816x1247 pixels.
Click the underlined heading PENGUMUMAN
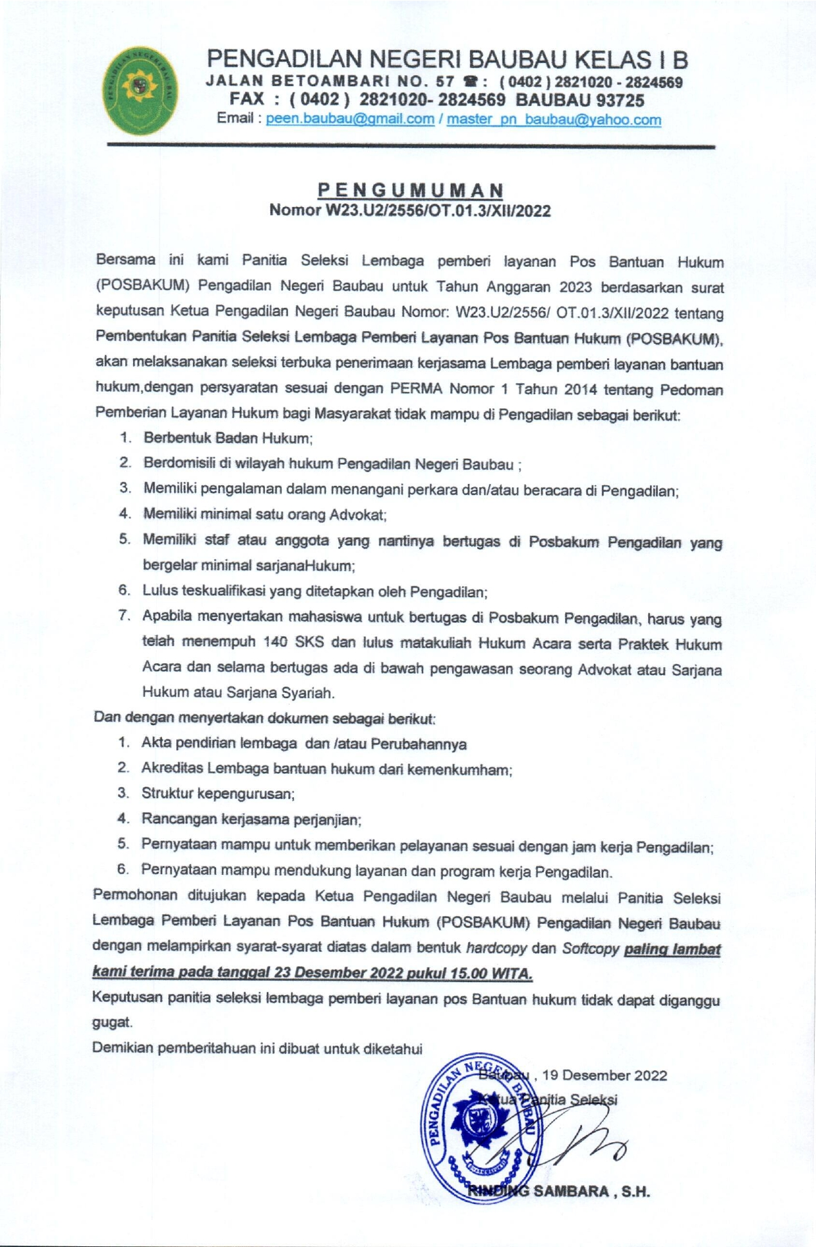tap(412, 190)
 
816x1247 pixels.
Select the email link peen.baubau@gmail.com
tap(350, 120)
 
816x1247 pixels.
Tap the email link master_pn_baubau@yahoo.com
tap(554, 120)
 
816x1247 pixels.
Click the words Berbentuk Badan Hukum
tap(227, 438)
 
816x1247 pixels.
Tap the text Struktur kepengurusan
tap(217, 794)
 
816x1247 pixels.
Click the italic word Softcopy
tap(590, 948)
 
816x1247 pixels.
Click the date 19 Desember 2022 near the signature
tap(604, 1075)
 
